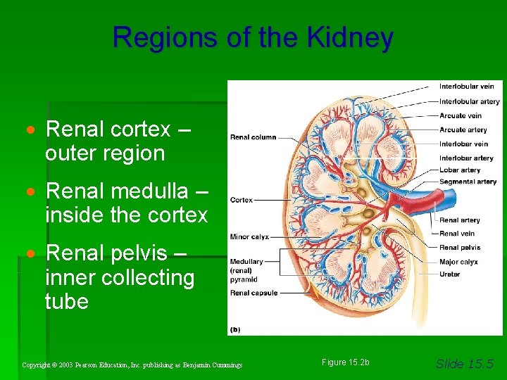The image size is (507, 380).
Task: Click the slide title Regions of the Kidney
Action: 253,37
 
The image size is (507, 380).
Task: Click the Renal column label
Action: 253,137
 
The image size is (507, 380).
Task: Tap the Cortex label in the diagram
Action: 241,200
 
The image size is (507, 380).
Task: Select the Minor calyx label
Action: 249,237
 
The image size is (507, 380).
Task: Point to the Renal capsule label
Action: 254,293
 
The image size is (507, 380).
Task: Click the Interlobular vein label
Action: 466,87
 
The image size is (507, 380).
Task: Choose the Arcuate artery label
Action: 463,129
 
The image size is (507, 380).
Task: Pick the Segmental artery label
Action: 468,182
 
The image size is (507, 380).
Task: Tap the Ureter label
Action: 449,274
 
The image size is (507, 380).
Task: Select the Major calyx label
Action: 458,262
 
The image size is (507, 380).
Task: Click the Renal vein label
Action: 457,234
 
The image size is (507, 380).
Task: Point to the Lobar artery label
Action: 460,170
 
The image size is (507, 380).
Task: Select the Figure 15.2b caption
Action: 345,362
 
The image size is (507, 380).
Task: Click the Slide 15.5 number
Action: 465,363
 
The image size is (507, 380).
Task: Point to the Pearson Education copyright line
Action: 132,365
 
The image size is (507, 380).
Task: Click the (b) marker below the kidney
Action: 235,329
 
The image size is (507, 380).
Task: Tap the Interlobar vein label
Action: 463,144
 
